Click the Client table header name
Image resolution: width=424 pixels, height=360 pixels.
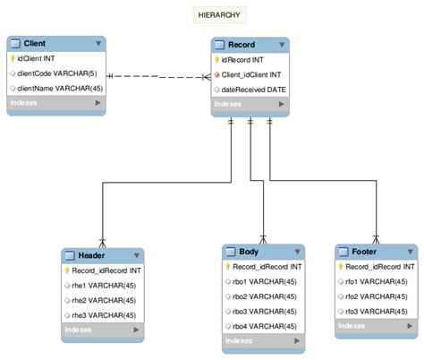click(x=36, y=43)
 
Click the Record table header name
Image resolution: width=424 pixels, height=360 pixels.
click(x=242, y=43)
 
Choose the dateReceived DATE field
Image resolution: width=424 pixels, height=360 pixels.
click(x=254, y=90)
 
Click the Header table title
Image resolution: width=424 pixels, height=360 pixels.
click(x=91, y=254)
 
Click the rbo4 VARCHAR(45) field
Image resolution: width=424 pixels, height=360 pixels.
click(x=265, y=325)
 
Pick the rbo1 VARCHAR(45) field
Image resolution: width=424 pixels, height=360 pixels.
click(x=265, y=281)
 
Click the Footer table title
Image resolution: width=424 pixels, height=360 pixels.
click(x=365, y=252)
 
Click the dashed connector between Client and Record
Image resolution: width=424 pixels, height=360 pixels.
click(x=158, y=75)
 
